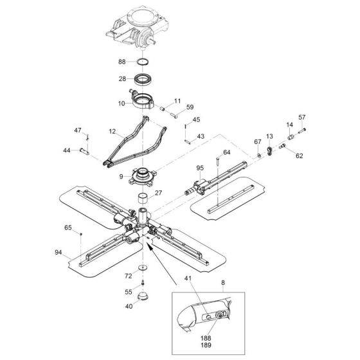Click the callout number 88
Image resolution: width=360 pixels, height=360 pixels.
122,62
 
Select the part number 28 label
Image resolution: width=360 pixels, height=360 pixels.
122,80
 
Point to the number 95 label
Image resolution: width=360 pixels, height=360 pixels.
200,168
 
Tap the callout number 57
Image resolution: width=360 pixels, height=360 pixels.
302,118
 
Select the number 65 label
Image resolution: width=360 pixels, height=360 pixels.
68,228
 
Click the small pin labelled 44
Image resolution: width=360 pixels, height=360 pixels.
83,150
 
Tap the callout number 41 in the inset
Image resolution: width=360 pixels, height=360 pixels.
206,297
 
